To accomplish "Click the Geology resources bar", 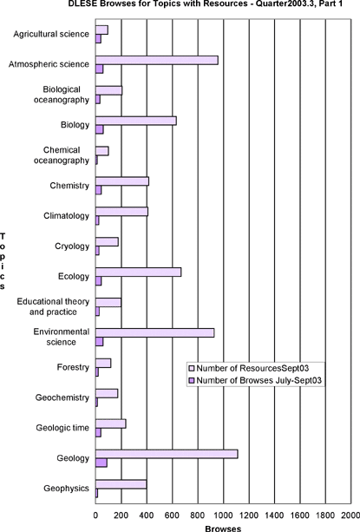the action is coord(167,454).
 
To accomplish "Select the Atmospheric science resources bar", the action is coord(157,60).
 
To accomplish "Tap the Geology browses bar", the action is coord(101,463).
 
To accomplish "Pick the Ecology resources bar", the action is coord(138,273).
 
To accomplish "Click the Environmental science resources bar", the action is coord(155,333).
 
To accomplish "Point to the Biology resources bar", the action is coord(136,121).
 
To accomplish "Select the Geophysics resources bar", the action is coord(121,484).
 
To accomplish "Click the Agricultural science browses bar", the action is coord(98,39).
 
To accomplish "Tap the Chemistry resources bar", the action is coord(122,181).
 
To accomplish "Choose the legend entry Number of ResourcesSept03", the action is coord(249,368).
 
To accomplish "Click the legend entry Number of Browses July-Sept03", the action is coord(255,380).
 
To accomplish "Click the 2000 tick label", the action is coord(350,516).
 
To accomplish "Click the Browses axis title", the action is coord(223,529).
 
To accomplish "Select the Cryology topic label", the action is coord(72,246).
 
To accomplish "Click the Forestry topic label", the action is coord(73,367).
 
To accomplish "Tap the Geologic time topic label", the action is coord(62,428).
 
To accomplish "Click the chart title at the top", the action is coord(206,3).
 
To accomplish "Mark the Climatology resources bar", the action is coord(122,212).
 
